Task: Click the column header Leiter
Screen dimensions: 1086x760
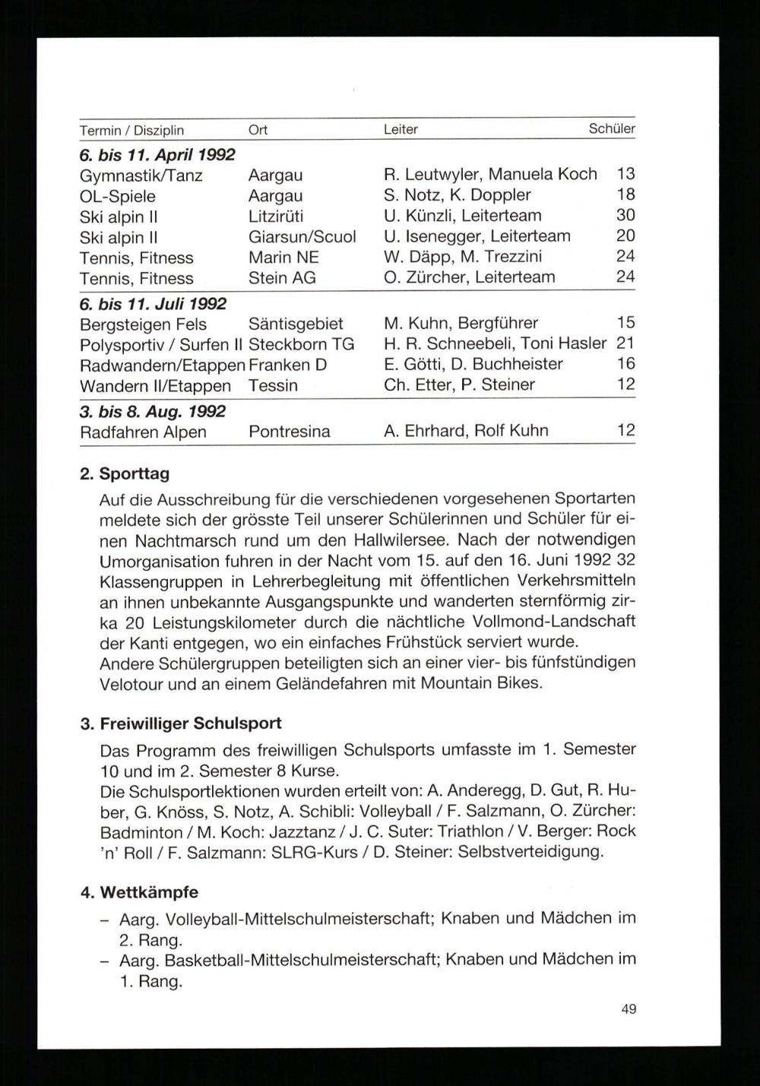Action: [x=401, y=130]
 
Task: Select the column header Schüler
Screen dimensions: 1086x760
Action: [x=612, y=129]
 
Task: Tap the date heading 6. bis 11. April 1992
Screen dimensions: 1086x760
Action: [x=157, y=154]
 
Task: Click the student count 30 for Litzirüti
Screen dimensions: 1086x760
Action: [x=625, y=216]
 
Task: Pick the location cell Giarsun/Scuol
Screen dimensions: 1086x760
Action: [x=302, y=237]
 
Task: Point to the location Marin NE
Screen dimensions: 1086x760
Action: [x=283, y=258]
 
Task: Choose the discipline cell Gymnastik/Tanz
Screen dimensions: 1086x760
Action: [x=141, y=176]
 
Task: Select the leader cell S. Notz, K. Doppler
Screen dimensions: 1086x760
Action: [x=458, y=195]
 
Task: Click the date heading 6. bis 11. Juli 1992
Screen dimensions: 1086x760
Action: [x=154, y=304]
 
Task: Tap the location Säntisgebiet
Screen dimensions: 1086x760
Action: [x=296, y=325]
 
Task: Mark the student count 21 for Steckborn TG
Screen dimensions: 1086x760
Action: [x=625, y=344]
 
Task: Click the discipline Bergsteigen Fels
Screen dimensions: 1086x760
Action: [x=143, y=325]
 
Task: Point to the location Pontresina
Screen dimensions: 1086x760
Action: [x=289, y=432]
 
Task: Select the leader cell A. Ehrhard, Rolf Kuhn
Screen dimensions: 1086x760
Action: [x=466, y=431]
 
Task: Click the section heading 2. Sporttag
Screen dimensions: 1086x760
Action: [x=125, y=474]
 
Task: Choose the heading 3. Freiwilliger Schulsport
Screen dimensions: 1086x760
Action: [x=181, y=723]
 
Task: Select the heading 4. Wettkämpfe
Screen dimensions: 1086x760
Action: [x=139, y=892]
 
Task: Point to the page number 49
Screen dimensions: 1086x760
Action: [x=629, y=1009]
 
